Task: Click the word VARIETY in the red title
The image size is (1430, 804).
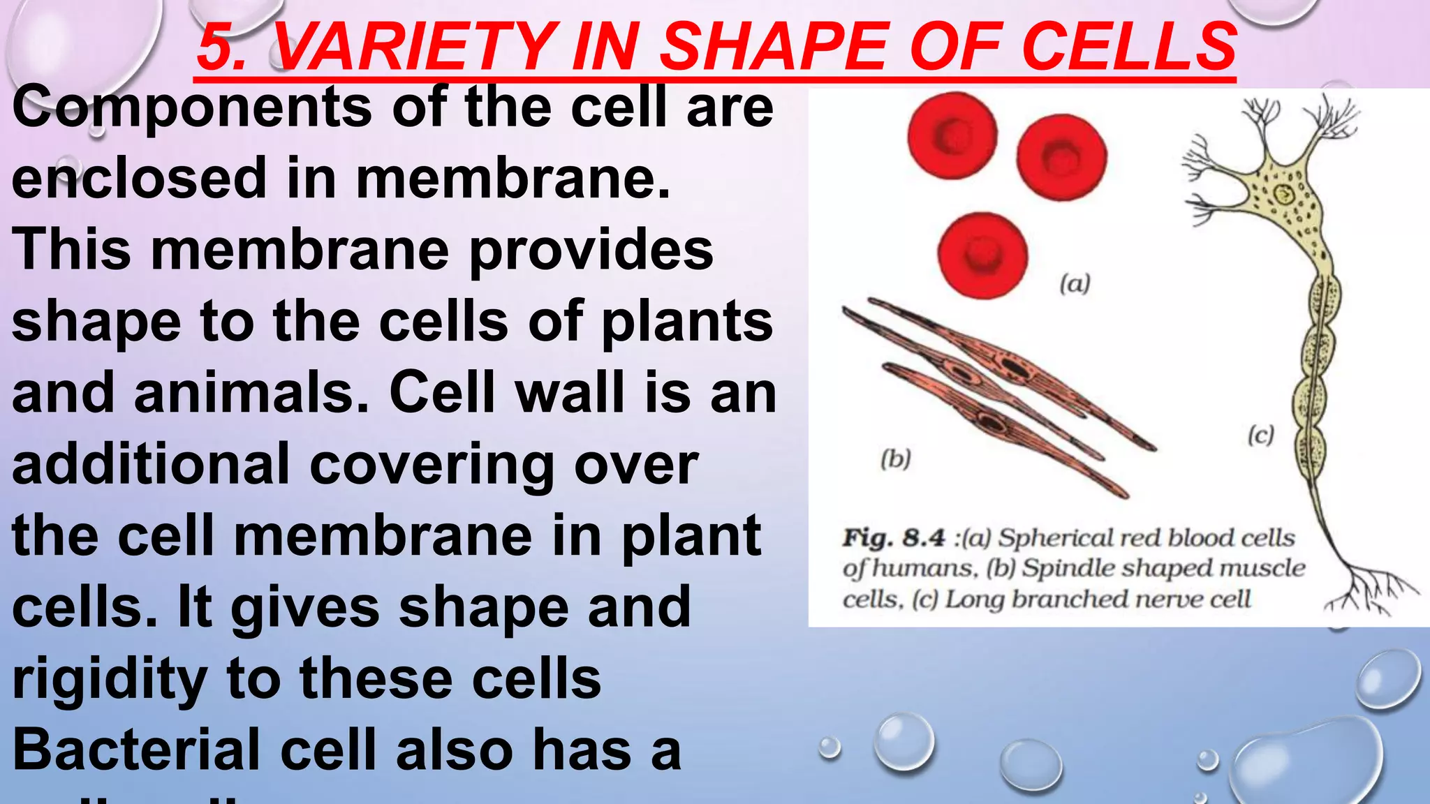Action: coord(416,47)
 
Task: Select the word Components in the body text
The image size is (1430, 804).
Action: coord(192,108)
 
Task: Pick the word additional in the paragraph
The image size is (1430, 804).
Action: coord(151,465)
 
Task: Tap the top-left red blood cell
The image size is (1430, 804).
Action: coord(952,135)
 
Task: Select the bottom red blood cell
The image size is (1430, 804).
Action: coord(983,255)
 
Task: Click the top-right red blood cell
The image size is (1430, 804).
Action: coord(1061,157)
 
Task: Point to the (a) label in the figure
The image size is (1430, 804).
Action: coord(1075,284)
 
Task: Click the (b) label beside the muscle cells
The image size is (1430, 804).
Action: coord(896,459)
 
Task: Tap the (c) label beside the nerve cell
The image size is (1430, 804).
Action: coord(1261,435)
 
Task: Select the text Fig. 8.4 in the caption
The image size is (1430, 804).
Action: coord(894,538)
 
